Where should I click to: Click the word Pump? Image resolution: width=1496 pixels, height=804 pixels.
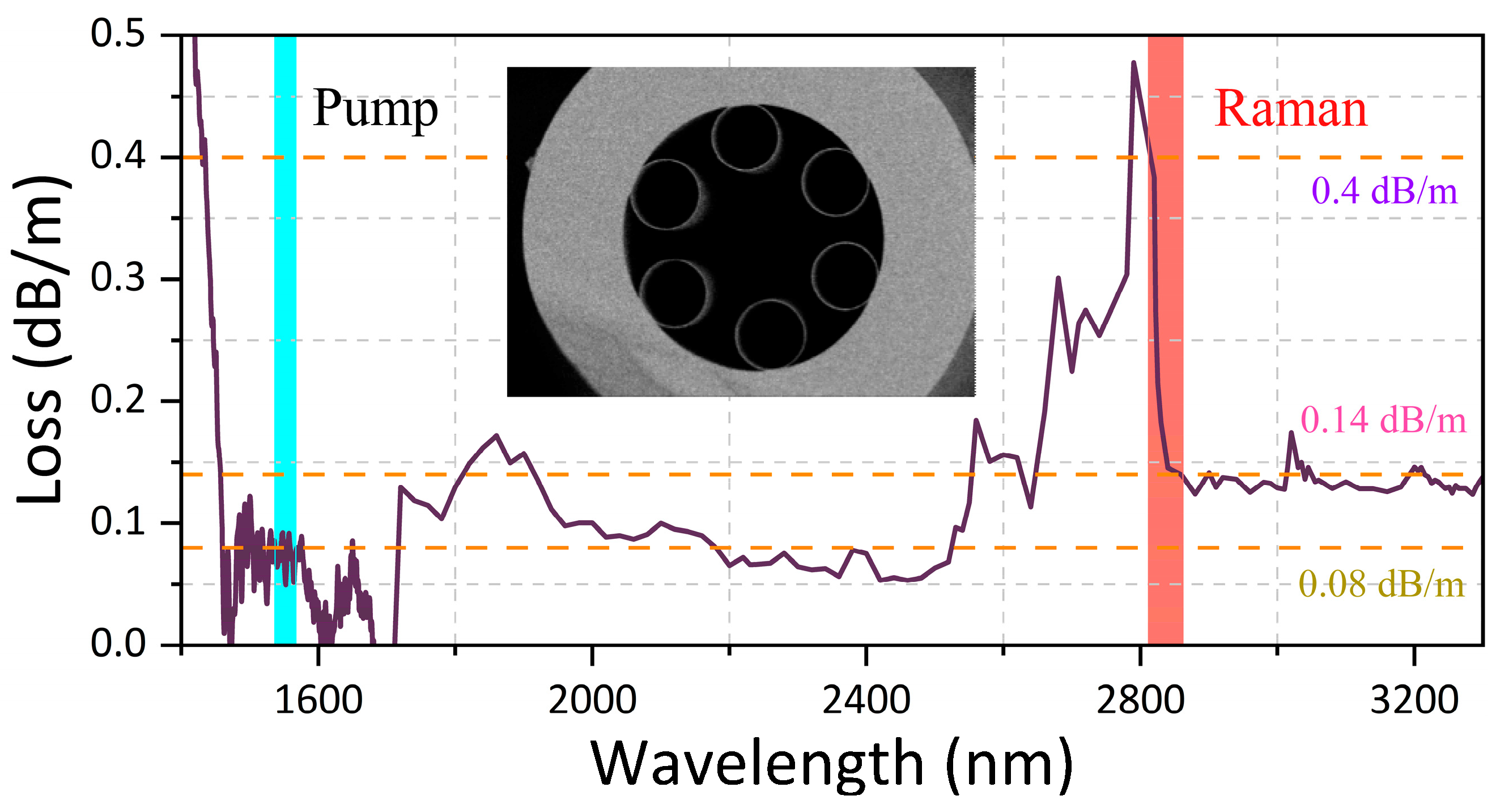point(375,109)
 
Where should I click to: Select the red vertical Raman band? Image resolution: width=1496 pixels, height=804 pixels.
point(1165,348)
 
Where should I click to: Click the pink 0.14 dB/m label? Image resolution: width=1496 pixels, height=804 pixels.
point(1383,420)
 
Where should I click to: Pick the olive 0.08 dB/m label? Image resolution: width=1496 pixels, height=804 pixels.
point(1381,584)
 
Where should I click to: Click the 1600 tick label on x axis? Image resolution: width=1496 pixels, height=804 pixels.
point(318,700)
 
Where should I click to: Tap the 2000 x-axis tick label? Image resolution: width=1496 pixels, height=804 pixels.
point(592,700)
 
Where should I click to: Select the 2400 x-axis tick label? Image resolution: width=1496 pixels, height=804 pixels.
point(866,700)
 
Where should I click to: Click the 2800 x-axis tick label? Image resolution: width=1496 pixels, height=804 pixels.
point(1140,700)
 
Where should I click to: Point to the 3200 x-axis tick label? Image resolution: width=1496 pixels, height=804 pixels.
point(1414,700)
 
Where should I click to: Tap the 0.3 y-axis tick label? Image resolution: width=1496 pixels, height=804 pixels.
point(118,278)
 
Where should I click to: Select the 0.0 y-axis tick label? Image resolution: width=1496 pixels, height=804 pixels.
point(118,644)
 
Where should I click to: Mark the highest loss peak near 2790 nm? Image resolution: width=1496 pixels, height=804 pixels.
point(1133,63)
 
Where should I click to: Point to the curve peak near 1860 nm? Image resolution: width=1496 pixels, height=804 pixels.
point(496,435)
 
